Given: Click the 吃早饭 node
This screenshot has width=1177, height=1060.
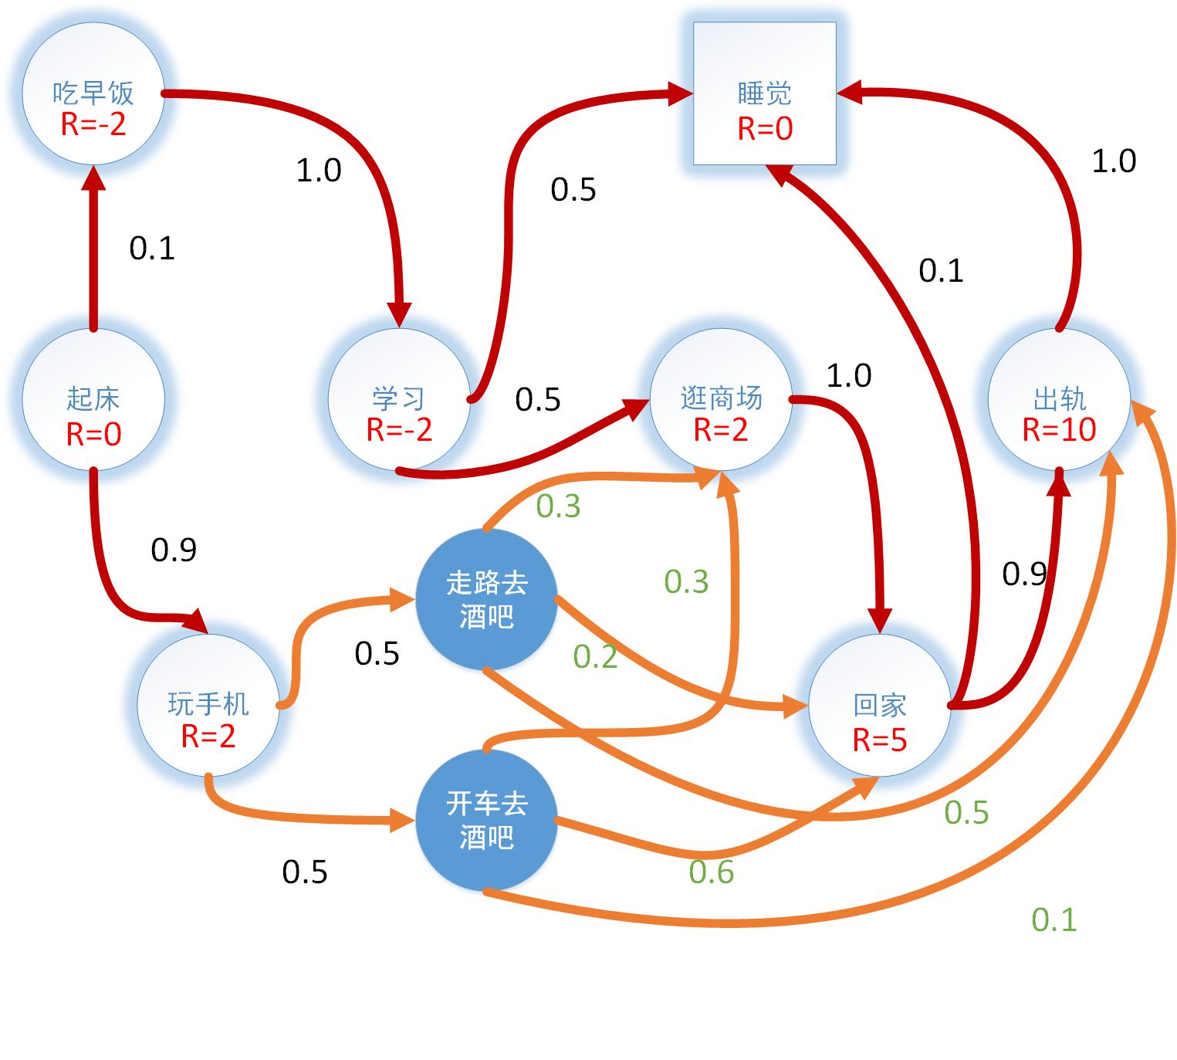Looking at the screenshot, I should (93, 94).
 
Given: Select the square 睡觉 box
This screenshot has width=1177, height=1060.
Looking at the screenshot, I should (764, 93).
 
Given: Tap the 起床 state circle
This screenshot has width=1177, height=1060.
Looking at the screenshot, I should (93, 400).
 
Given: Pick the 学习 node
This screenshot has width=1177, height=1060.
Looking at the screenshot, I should (399, 400).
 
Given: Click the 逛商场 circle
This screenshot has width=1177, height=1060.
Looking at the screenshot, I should (721, 400).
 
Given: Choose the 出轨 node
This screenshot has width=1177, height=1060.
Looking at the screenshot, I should (1059, 400).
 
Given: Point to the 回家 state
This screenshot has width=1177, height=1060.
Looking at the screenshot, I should (879, 706).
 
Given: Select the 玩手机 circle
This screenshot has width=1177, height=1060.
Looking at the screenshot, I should (208, 706).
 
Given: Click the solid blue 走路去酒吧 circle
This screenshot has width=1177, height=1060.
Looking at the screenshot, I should (486, 599).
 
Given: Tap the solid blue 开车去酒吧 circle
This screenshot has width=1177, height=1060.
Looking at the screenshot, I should (486, 820).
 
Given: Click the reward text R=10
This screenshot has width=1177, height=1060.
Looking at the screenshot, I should (1059, 430).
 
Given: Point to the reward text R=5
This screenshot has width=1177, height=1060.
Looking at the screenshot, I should (879, 740).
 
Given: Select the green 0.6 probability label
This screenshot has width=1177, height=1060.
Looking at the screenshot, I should (711, 872).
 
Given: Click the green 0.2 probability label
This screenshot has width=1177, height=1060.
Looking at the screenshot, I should (595, 656).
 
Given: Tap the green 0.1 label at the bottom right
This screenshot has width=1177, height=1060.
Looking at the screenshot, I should (1054, 919).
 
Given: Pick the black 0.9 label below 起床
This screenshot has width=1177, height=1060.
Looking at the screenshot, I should (174, 550).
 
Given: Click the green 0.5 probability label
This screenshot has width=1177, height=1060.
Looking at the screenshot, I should (966, 812).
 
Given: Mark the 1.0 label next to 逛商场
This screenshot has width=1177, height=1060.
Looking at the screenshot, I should (849, 376).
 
